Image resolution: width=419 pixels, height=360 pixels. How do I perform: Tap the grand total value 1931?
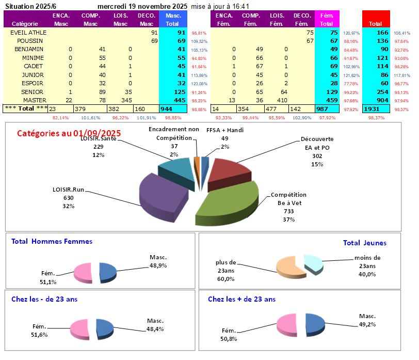tap(374, 109)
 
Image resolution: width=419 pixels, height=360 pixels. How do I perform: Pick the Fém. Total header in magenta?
tap(326, 20)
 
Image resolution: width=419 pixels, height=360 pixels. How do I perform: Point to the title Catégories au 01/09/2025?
tap(69, 133)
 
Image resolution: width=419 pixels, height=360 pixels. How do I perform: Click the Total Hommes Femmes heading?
tap(52, 241)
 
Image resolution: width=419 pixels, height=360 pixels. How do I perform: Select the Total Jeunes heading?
tap(364, 243)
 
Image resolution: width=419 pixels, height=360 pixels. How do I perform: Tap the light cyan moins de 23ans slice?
tap(313, 262)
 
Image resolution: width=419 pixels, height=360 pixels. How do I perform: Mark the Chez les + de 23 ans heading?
tap(241, 299)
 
